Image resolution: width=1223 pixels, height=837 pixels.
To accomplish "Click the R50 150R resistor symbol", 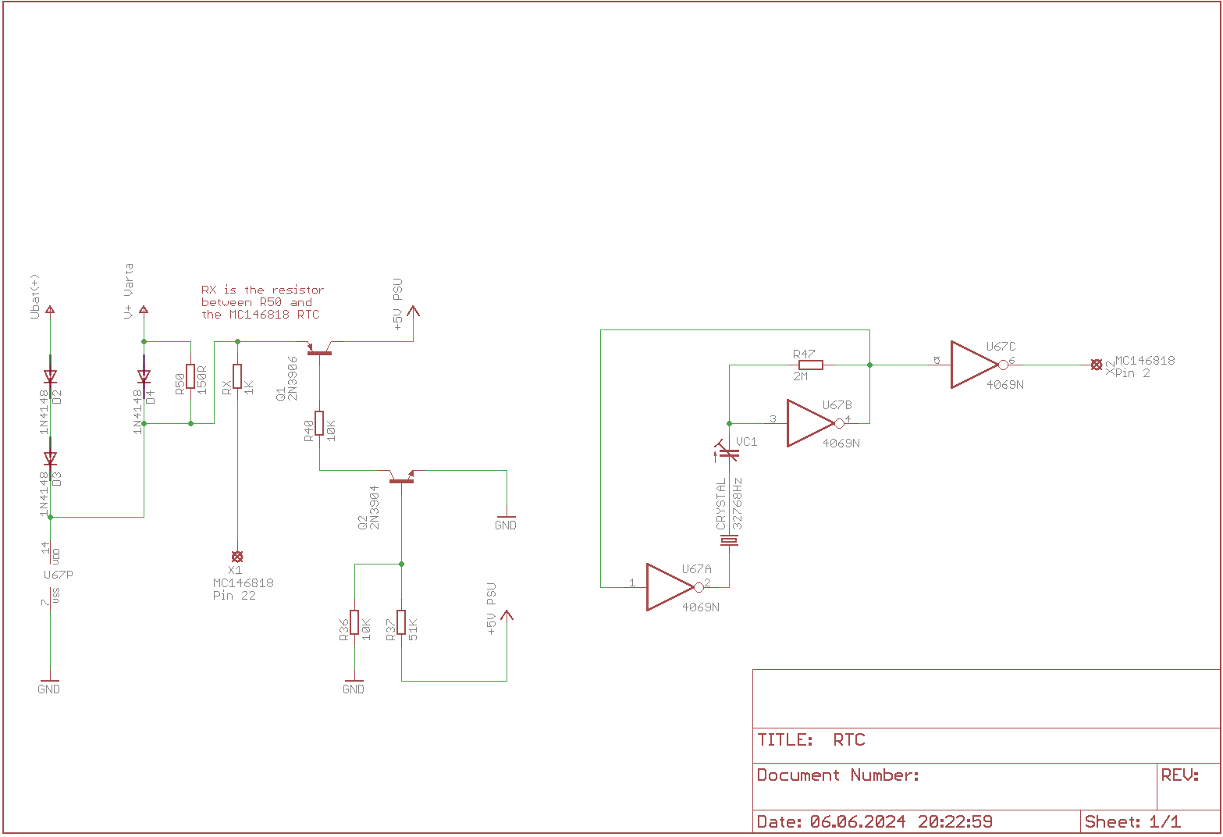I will [190, 376].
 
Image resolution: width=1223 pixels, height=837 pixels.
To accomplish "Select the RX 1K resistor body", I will [237, 376].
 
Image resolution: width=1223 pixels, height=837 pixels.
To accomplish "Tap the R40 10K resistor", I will [319, 423].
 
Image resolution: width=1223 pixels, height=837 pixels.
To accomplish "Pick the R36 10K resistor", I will [354, 622].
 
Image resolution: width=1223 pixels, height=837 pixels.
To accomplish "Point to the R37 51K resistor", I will [401, 622].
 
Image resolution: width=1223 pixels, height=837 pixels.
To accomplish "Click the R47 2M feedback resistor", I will [811, 365].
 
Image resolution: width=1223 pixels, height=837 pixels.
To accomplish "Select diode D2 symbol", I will [50, 377].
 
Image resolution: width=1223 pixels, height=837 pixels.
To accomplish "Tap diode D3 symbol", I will [50, 458].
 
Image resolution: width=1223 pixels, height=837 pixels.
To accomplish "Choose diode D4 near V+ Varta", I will [144, 377].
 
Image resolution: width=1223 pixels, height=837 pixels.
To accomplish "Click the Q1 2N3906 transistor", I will [319, 351].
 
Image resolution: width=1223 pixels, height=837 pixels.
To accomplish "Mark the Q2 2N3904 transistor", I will [401, 477].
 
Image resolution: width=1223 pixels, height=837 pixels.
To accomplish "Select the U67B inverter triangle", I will [810, 423].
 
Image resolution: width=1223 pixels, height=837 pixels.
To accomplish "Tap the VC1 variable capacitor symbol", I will [729, 452].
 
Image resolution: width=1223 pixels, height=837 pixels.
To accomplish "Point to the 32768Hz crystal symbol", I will [729, 540].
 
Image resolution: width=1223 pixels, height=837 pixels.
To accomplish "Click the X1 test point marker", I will [237, 557].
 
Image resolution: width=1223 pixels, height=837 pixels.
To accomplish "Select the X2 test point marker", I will [1097, 365].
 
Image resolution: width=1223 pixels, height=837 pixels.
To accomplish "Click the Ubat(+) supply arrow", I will [50, 310].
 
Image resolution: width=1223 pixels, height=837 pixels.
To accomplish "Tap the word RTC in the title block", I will [849, 740].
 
